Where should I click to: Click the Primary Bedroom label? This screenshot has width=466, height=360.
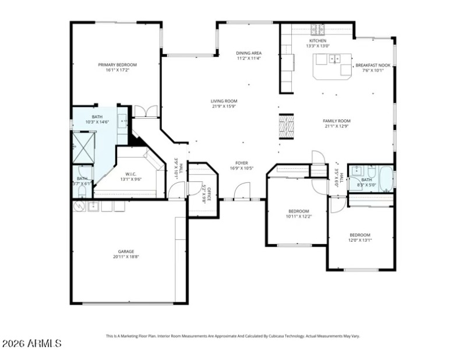point(117,65)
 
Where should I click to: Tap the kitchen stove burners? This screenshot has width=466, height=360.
point(317,29)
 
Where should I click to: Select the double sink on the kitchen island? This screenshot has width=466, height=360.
point(334,58)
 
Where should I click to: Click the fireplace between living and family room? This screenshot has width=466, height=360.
point(285,126)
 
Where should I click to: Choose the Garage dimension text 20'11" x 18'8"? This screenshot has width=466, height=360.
point(126,256)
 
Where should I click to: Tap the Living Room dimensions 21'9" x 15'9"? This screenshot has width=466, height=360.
point(224,106)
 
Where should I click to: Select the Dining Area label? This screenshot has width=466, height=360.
point(249,53)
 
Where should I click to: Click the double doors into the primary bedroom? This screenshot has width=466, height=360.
point(146,111)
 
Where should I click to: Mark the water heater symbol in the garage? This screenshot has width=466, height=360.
point(79,206)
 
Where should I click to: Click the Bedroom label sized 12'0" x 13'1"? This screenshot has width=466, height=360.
point(360,235)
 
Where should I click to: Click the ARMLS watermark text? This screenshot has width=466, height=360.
point(31,344)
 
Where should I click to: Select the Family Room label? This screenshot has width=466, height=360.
point(337,121)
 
